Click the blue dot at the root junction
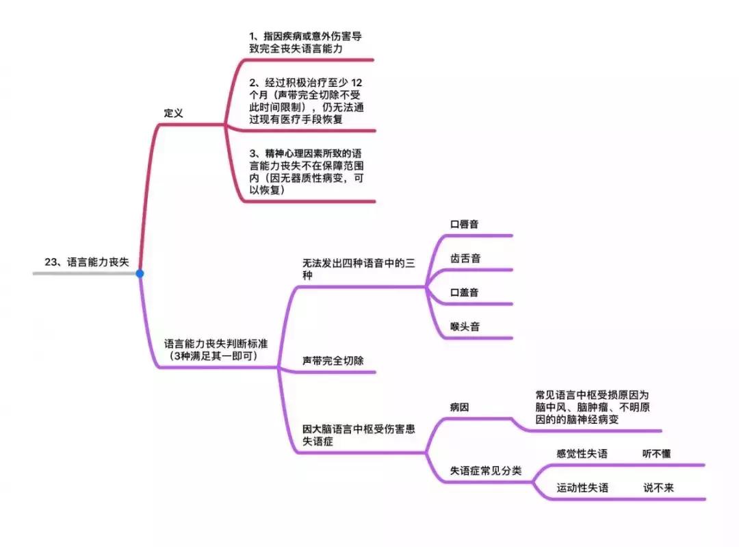(140, 273)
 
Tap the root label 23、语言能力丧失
(86, 262)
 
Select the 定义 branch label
(174, 113)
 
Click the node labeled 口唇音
(465, 224)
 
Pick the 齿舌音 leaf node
(465, 258)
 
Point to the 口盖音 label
(465, 292)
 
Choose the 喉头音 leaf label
(465, 327)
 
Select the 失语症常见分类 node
(485, 470)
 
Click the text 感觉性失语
(582, 453)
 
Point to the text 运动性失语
(582, 487)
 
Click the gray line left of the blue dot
(82, 273)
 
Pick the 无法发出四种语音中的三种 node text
(359, 269)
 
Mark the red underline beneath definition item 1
(308, 60)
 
